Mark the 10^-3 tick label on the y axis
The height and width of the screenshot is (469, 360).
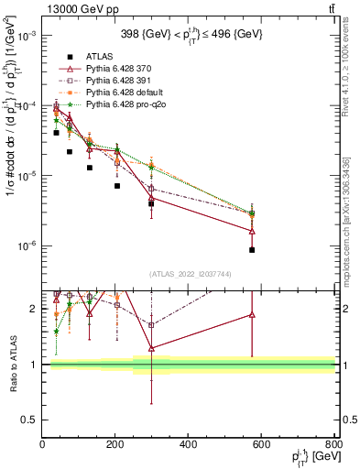pyautogui.click(x=25, y=36)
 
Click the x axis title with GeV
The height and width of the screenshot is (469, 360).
pyautogui.click(x=307, y=457)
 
